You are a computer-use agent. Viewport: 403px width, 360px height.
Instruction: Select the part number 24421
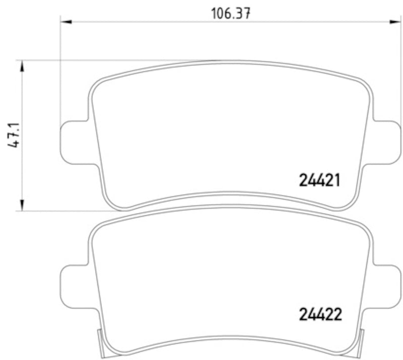tap(320, 180)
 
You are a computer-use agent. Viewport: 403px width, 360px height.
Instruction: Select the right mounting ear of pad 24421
tap(385, 143)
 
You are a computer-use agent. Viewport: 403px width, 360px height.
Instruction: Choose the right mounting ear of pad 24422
tap(385, 285)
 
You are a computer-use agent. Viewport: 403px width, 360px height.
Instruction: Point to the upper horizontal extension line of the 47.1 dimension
tap(101, 61)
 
